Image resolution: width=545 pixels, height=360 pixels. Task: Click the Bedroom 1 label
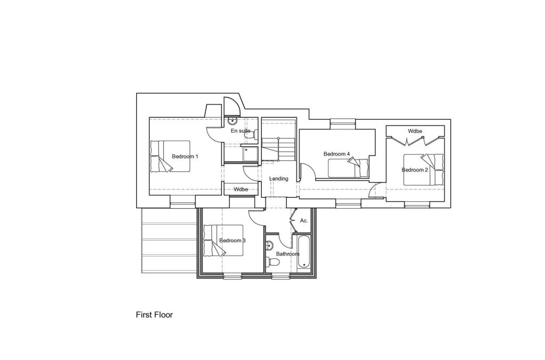(185, 157)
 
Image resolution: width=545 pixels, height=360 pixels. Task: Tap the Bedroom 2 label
(415, 170)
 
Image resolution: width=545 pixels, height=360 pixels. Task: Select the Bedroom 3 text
(232, 241)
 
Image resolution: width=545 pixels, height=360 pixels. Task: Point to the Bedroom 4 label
(336, 154)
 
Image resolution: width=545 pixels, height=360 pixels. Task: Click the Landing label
(278, 178)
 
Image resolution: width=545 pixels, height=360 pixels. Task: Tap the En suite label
(240, 130)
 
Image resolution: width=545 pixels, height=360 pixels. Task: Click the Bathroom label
(287, 254)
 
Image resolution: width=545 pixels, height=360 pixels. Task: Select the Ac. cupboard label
(304, 220)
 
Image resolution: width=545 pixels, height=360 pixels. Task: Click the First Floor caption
(154, 315)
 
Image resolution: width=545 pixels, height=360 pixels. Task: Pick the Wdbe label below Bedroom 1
(241, 189)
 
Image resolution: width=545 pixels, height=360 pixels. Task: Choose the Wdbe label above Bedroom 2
(415, 131)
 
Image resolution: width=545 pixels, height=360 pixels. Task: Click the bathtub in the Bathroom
(304, 252)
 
